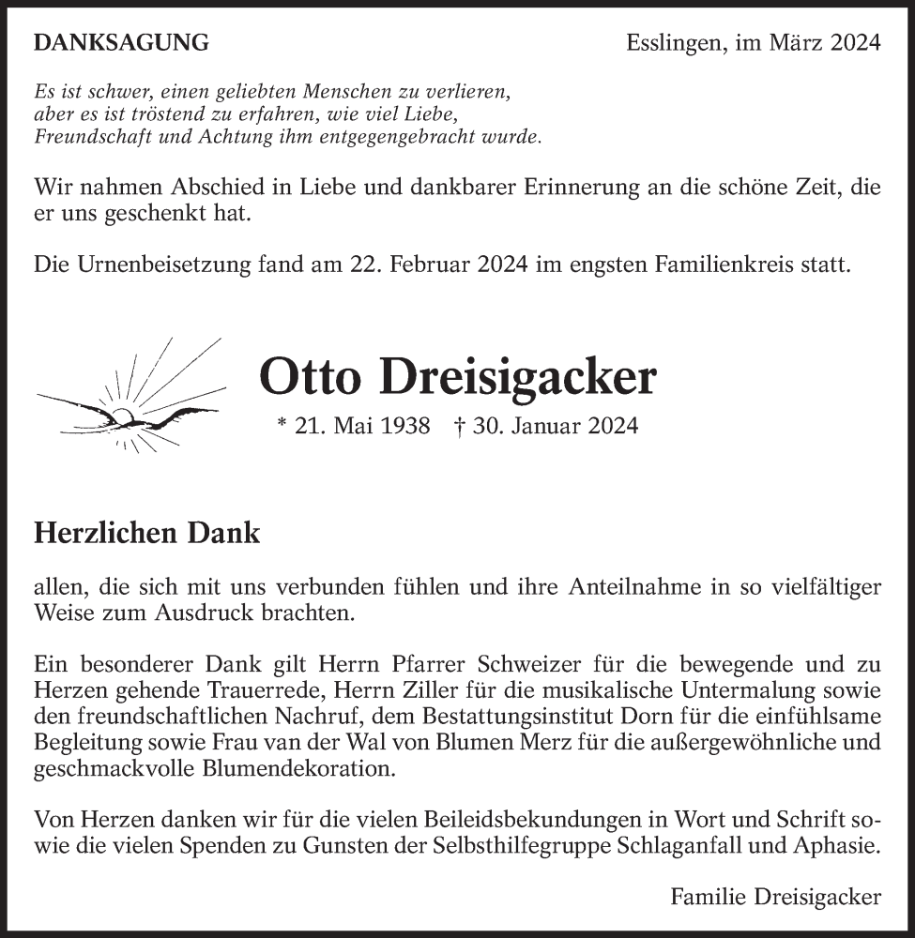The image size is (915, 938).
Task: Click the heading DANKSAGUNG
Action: point(121,42)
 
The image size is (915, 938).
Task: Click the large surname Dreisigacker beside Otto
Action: point(519,377)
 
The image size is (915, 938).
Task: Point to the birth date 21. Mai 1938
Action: point(362,426)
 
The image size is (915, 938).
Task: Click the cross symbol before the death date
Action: point(460,425)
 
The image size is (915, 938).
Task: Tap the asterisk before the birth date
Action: point(283,424)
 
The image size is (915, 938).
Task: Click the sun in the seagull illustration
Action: point(123,416)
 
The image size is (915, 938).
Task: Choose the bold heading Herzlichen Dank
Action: point(147,534)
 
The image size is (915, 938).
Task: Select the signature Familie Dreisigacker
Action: point(775,897)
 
